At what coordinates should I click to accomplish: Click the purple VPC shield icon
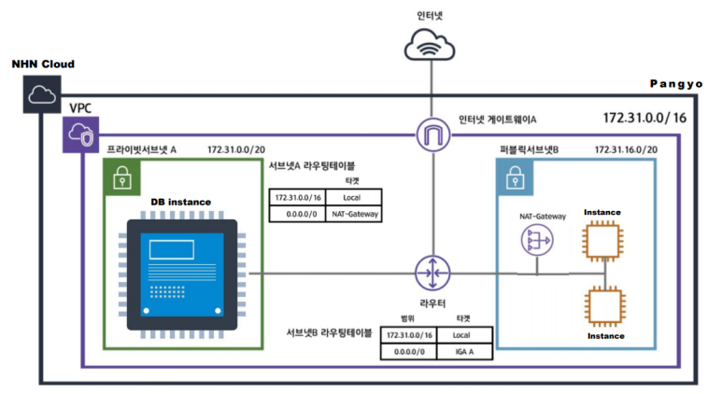click(78, 135)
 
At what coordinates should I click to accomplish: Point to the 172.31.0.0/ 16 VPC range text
click(644, 120)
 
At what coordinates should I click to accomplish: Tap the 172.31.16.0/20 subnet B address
click(626, 149)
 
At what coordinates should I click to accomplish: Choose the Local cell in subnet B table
click(463, 333)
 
